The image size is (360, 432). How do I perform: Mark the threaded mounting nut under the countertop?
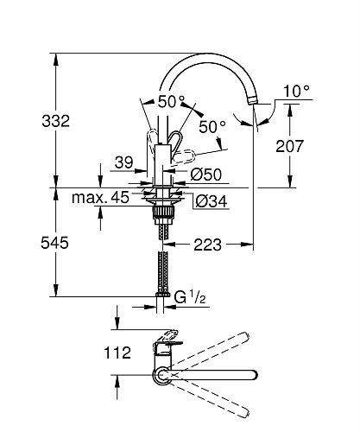(x=162, y=208)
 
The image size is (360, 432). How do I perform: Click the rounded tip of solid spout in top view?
(x=254, y=375)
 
